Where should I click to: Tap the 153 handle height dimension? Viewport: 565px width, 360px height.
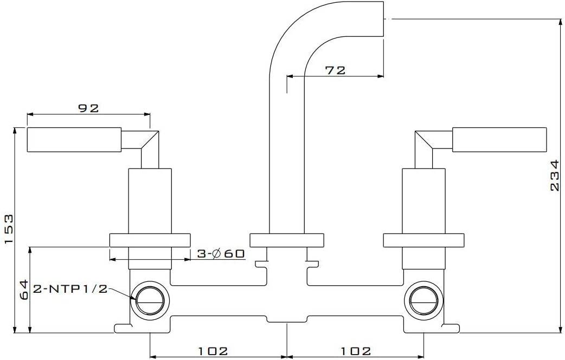coord(9,229)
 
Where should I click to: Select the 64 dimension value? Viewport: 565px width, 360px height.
coord(24,290)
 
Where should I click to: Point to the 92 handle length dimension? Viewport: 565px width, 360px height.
coord(88,108)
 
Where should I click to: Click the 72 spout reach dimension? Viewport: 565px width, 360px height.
coord(335,70)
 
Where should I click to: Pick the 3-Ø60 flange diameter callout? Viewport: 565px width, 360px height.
coord(221,254)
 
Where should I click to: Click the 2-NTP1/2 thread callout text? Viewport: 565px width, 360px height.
coord(70,288)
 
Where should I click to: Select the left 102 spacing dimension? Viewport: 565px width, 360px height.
coord(213,351)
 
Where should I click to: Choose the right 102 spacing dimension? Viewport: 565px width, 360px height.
coord(356,351)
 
